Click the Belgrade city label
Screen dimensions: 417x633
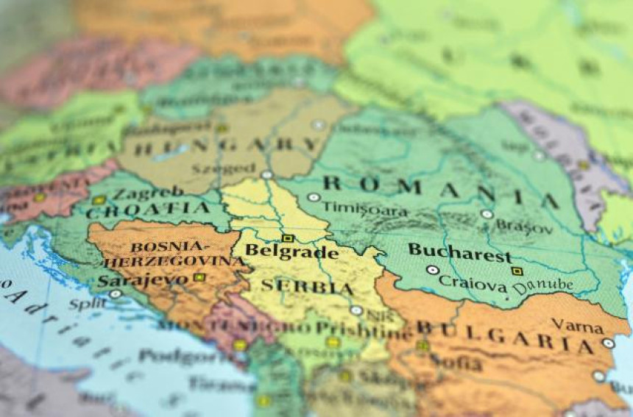291,252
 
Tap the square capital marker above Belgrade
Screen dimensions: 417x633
288,238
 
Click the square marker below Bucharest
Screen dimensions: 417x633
517,271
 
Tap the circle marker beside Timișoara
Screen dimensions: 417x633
314,197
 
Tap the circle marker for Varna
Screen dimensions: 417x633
607,343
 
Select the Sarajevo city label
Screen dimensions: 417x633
144,280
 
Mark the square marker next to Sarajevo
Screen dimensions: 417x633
199,277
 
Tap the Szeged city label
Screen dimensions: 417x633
217,168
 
